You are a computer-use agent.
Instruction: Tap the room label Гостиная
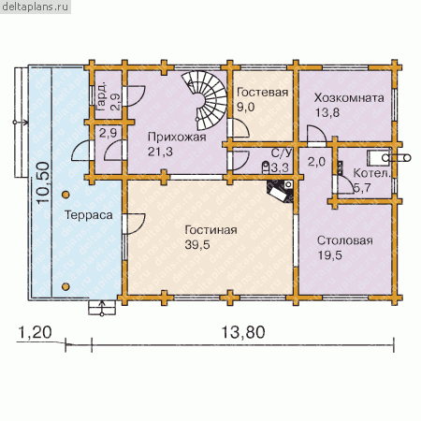210,230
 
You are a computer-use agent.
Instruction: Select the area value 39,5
197,245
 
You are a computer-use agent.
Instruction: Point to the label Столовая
345,240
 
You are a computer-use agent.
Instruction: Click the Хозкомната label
349,98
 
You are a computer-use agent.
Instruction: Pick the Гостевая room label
262,93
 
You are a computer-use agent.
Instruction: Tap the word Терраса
89,215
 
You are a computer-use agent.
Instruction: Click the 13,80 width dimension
243,332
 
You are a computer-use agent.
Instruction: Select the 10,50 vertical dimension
43,182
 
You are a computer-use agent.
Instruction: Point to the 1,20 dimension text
35,332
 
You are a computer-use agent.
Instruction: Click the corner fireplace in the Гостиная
281,190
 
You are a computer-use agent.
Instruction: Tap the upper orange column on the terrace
65,195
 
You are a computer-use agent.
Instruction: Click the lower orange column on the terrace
65,286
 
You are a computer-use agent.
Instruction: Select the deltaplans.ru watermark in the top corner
36,7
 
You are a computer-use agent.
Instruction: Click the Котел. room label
371,173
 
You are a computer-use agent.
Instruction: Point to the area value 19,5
330,255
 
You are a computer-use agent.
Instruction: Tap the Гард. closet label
101,96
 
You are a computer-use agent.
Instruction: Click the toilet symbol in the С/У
266,167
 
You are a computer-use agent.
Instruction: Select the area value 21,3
160,152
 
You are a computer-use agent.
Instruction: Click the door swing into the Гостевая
240,128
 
